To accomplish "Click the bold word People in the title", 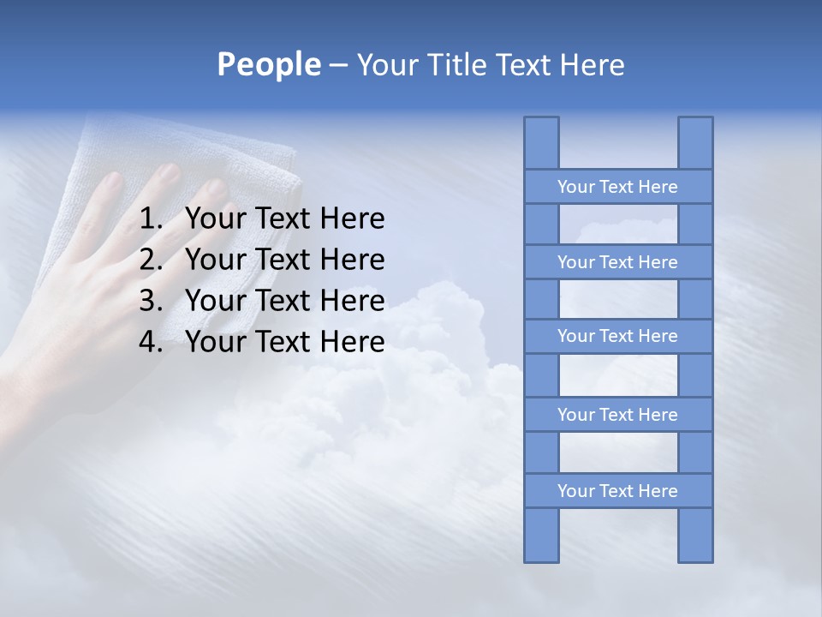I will [x=268, y=64].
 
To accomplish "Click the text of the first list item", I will [x=284, y=219].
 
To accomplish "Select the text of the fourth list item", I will [x=284, y=342].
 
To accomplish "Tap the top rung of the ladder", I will [x=617, y=187].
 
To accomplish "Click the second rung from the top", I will [x=617, y=262].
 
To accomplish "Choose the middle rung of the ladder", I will [x=617, y=336].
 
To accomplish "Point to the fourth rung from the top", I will [x=617, y=415].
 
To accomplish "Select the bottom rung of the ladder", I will [x=617, y=491].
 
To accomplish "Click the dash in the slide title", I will [x=337, y=65].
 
